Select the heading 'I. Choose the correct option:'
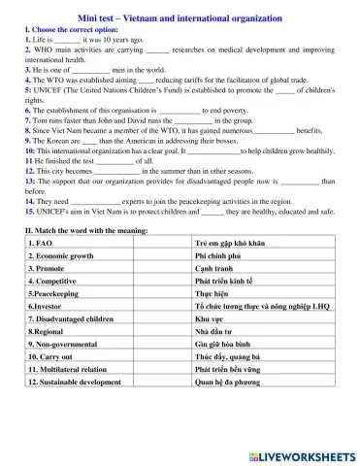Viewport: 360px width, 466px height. click(66, 30)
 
